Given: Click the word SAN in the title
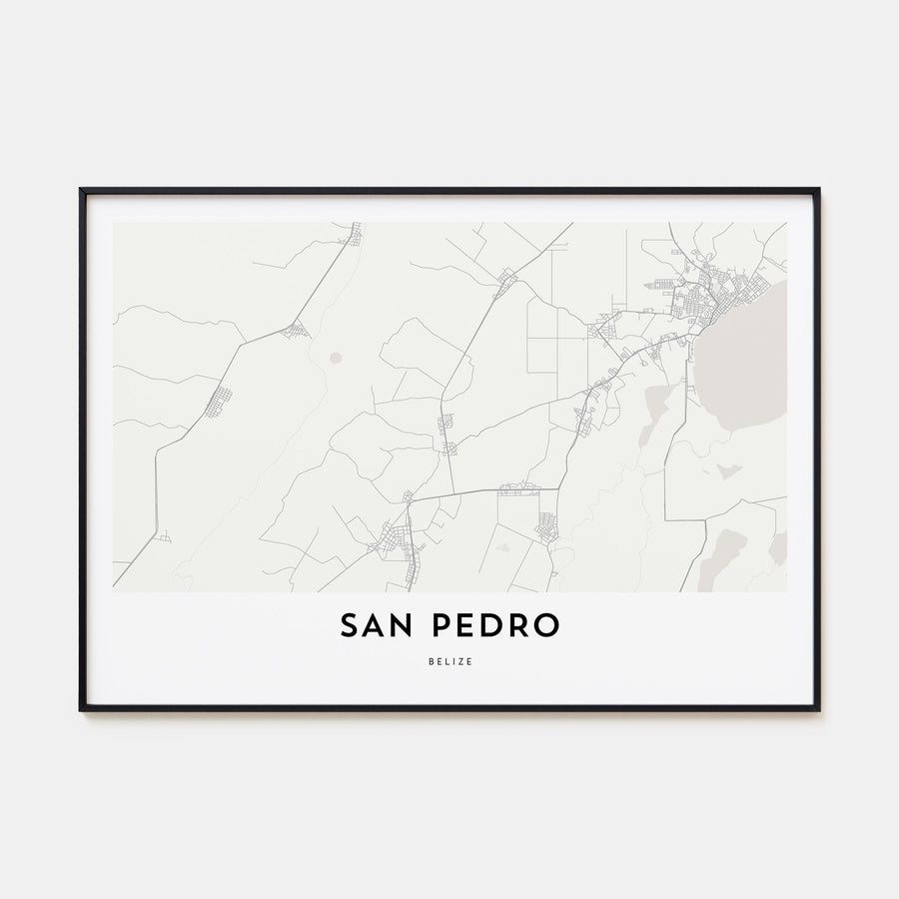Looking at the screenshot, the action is point(379,625).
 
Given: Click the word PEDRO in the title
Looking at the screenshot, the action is point(496,625).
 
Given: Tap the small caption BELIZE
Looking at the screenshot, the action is point(449,661).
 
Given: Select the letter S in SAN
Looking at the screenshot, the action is point(351,625).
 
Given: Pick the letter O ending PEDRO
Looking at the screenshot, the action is point(546,625).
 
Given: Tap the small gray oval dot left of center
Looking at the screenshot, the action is point(336,357).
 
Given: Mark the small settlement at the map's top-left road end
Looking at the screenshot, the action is point(353,235).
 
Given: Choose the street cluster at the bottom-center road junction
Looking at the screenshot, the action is point(395,540).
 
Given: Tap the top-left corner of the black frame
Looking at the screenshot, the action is point(82,190).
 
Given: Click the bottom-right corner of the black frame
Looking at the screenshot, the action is point(817,709).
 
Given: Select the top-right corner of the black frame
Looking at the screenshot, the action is point(817,190).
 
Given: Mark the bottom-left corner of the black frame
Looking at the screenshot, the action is point(82,709).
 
